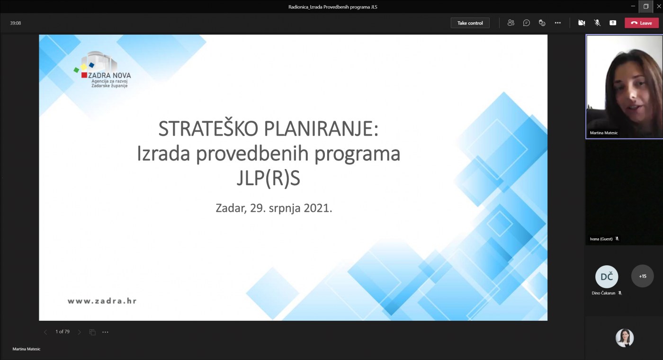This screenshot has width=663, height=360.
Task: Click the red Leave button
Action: click(x=641, y=23)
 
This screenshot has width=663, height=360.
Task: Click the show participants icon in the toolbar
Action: click(x=511, y=23)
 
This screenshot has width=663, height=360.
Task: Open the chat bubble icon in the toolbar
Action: click(x=526, y=23)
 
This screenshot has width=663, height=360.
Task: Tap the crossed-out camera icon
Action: click(x=582, y=23)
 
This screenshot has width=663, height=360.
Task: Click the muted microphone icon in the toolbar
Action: click(x=597, y=23)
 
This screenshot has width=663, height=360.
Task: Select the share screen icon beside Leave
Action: click(x=613, y=23)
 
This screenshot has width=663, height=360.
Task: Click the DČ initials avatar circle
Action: click(x=607, y=277)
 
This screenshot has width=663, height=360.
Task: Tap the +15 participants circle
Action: click(x=642, y=276)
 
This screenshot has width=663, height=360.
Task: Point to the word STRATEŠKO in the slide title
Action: click(x=208, y=128)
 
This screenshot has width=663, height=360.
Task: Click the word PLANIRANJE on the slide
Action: click(x=321, y=129)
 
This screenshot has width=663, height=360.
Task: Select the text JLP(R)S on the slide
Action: click(x=269, y=178)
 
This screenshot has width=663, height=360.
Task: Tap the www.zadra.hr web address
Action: click(x=102, y=301)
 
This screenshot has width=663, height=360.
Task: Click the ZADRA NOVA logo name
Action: click(x=109, y=75)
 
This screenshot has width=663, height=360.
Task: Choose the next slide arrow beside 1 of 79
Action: click(x=80, y=332)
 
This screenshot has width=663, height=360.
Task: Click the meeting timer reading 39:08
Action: click(x=15, y=23)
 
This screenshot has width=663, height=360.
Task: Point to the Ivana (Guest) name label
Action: click(x=601, y=239)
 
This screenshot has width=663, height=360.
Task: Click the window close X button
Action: click(x=659, y=6)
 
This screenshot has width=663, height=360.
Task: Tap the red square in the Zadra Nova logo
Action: click(x=84, y=75)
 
